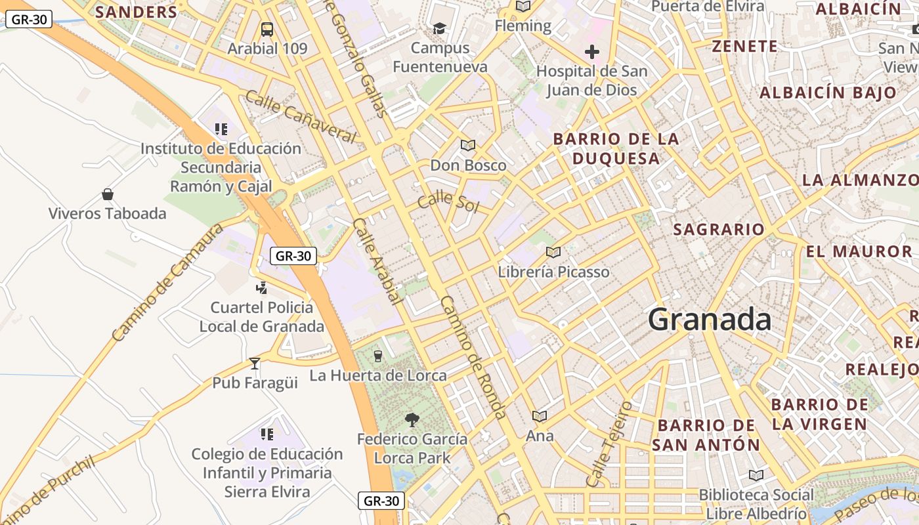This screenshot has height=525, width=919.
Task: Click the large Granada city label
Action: (x=709, y=320)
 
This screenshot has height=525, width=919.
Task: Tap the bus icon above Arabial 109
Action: (x=267, y=29)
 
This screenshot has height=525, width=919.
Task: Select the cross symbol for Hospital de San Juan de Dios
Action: (x=592, y=52)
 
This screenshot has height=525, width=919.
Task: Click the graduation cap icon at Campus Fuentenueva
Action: (x=439, y=28)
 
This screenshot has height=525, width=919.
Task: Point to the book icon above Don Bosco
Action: (x=467, y=145)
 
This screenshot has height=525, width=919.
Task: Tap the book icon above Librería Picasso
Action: (x=553, y=252)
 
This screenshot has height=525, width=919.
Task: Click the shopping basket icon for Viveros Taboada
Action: (x=108, y=194)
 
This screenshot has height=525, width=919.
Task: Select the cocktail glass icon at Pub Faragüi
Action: (x=255, y=363)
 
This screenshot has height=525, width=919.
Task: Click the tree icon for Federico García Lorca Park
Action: (x=412, y=419)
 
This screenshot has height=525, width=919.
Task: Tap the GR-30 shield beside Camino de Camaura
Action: (x=293, y=256)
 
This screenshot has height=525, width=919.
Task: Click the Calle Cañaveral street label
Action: (x=301, y=117)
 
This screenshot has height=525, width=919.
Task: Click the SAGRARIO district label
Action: (x=719, y=229)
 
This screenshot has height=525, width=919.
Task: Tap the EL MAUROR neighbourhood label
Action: (x=859, y=251)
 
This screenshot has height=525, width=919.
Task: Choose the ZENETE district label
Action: (x=744, y=47)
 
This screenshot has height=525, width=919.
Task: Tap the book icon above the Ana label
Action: (x=540, y=416)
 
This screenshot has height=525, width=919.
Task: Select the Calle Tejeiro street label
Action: (x=609, y=444)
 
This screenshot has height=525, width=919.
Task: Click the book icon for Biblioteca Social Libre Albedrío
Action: (x=756, y=475)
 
